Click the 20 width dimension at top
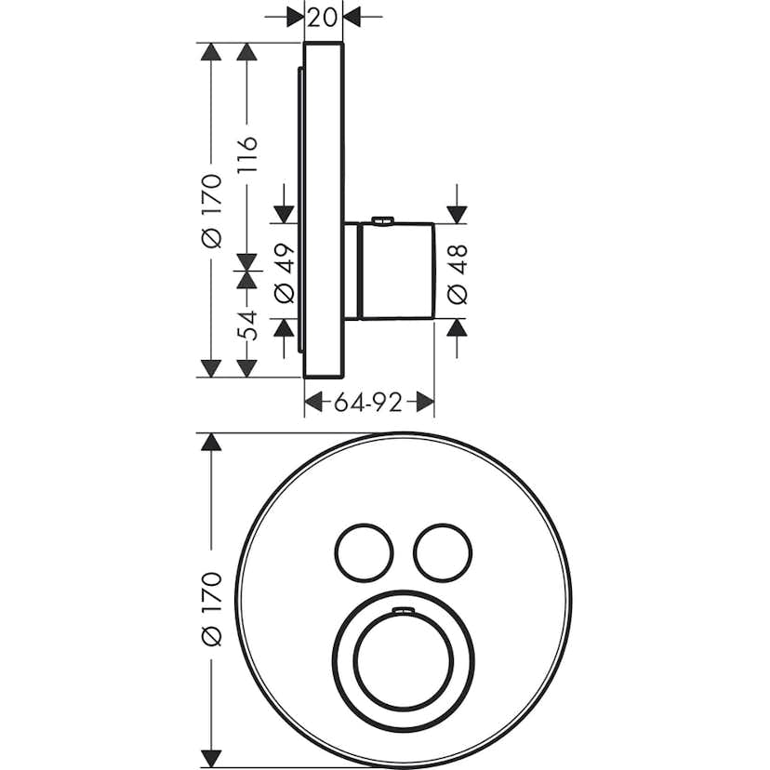coord(323,18)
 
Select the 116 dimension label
coord(247,154)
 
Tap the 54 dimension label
coord(247,325)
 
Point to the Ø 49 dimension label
coord(285,273)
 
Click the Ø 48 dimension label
coord(458,274)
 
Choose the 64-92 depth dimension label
coord(368,403)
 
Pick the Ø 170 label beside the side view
coord(212,210)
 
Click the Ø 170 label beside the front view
coord(212,609)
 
